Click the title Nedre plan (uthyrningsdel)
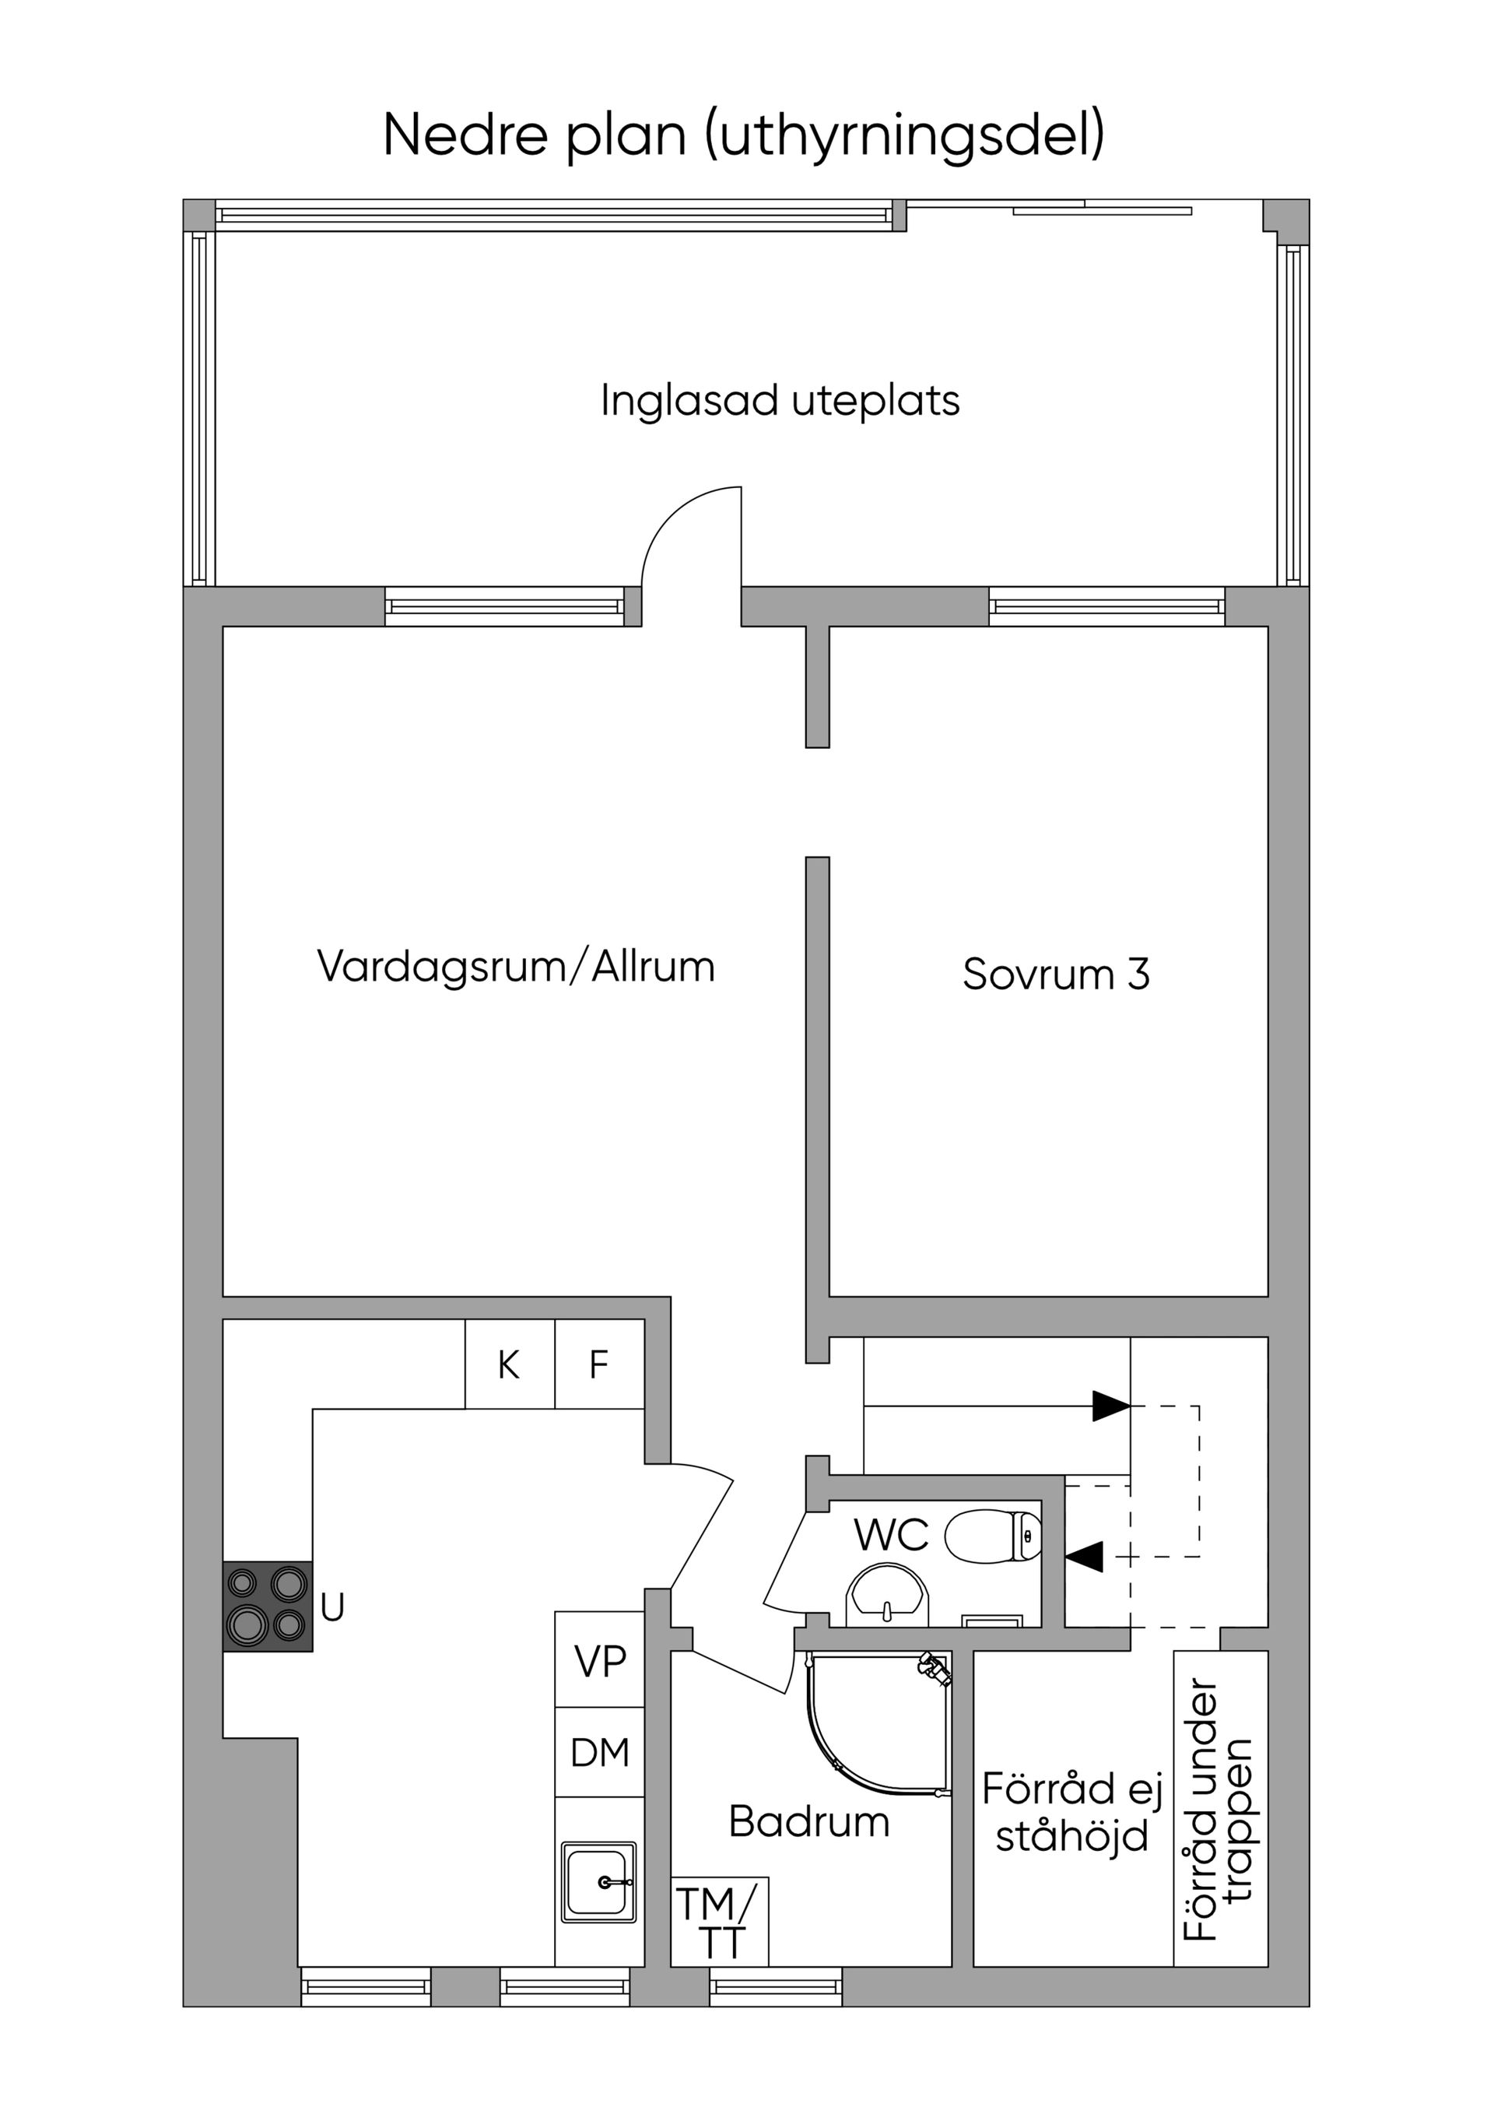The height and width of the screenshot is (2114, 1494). point(744,135)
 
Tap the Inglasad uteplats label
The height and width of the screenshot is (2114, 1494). point(780,401)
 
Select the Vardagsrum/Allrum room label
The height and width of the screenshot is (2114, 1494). point(515,967)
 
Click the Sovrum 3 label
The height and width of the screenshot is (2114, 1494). point(1056,974)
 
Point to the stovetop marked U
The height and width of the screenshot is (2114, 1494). point(267,1607)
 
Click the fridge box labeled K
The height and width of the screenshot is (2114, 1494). point(509,1364)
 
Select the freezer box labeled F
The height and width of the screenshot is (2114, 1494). point(599,1364)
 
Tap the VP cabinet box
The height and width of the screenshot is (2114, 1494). point(599,1660)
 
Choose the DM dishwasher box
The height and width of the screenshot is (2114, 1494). point(599,1752)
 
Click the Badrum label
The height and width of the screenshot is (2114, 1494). point(809,1822)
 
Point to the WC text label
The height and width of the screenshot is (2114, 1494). point(890,1535)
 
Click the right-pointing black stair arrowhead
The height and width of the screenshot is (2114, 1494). point(1111,1406)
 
